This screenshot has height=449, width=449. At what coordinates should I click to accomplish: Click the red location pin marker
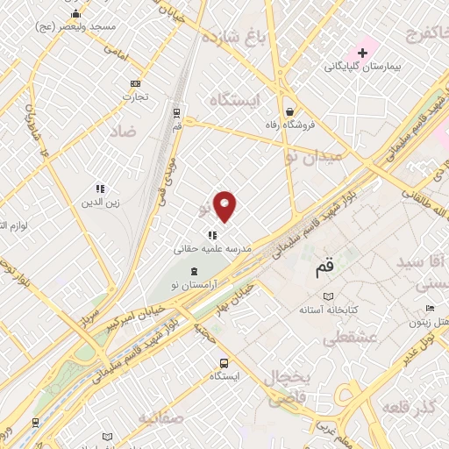(x=225, y=206)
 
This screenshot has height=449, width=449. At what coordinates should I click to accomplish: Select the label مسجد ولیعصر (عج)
(x=76, y=27)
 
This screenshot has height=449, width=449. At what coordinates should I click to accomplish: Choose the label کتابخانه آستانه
(x=329, y=310)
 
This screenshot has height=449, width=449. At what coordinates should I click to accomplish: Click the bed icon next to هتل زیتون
(x=429, y=309)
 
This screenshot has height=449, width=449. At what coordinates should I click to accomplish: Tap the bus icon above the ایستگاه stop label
(x=225, y=362)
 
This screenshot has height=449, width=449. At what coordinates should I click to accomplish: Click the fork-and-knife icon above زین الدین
(x=100, y=189)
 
